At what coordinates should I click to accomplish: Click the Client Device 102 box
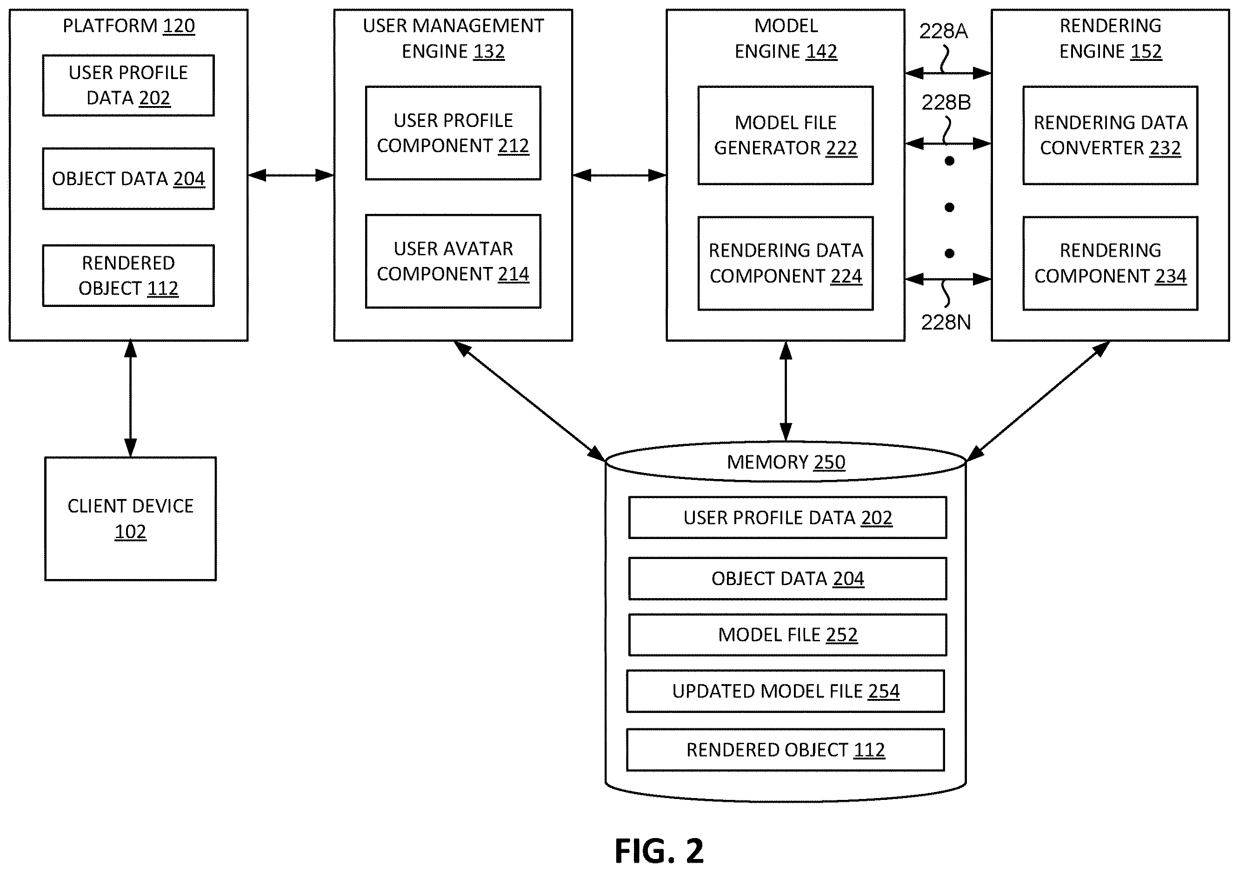tap(131, 519)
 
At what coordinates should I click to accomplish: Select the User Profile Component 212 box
tap(453, 133)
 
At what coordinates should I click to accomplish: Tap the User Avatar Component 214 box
tap(453, 261)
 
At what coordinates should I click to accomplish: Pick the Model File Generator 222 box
tap(786, 135)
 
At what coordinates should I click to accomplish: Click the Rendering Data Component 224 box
tap(786, 263)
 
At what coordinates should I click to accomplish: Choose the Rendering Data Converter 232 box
tap(1111, 135)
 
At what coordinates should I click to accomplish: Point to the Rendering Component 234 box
tap(1111, 263)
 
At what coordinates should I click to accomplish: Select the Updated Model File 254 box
tap(786, 691)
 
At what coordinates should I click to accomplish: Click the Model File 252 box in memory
tap(788, 634)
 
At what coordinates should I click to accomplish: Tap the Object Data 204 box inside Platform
tap(128, 179)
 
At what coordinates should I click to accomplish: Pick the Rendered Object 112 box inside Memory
tap(786, 750)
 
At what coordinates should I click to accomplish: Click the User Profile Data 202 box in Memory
tap(788, 518)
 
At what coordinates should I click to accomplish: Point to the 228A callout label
tap(944, 31)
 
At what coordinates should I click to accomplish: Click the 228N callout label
tap(946, 322)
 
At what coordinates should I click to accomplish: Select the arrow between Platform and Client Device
tap(131, 399)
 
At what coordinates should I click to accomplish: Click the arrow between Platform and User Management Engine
tap(291, 175)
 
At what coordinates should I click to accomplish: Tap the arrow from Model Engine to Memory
tap(786, 392)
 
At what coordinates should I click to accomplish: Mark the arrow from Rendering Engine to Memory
tap(1038, 401)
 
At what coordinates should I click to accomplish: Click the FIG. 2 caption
tap(659, 852)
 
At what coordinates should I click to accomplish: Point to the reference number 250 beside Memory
tap(829, 462)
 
